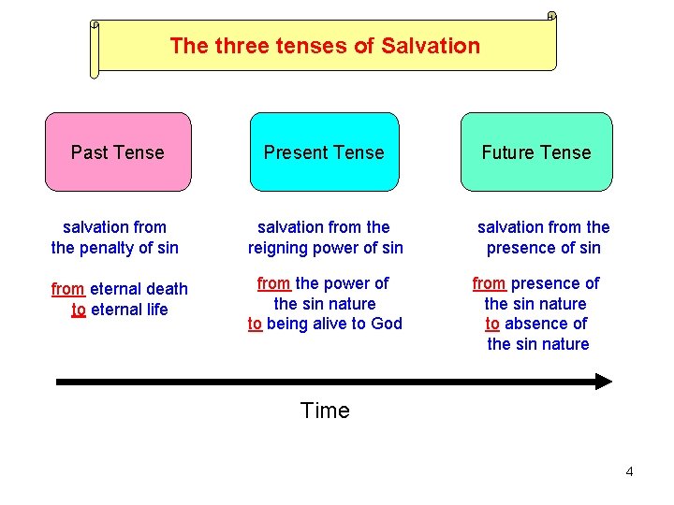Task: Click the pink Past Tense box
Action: coord(118,152)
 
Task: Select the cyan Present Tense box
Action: coord(324,152)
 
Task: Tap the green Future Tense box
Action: coord(536,152)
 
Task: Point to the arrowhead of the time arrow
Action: coord(603,382)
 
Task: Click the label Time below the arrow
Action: coord(325,411)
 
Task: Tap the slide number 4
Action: coord(629,471)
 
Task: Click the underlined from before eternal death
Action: coord(67,289)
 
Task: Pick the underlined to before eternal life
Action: coord(79,310)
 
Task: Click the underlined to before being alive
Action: coord(255,324)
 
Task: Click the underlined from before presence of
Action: coord(489,283)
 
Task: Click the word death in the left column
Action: coord(168,289)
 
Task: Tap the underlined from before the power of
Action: coord(273,283)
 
